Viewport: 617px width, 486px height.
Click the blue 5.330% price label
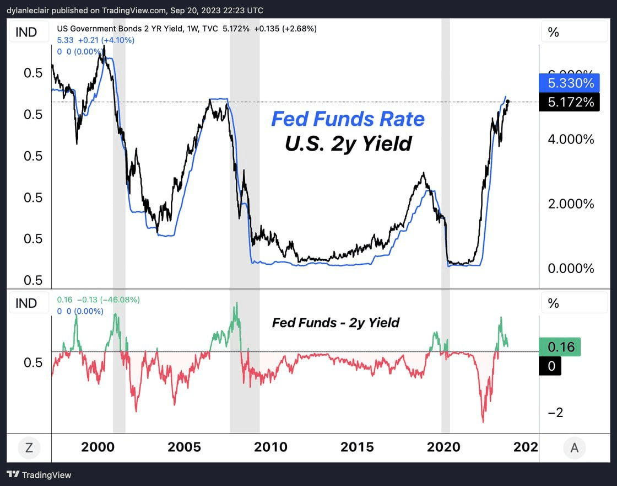pos(571,83)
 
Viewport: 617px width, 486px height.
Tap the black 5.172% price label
pos(571,102)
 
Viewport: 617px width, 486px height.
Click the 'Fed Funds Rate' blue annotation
pos(348,119)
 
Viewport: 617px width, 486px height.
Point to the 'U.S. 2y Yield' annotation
pos(348,143)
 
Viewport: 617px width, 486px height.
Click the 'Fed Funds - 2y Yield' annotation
pos(335,323)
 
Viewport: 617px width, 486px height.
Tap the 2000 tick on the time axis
pos(98,447)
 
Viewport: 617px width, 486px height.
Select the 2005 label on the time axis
pos(184,447)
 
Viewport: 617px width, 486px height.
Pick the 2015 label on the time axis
pos(357,447)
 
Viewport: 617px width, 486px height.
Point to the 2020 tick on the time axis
pos(443,447)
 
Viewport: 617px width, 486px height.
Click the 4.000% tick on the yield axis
pos(571,139)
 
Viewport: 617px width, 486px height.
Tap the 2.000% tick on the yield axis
pos(571,204)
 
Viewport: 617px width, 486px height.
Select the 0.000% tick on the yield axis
pos(571,269)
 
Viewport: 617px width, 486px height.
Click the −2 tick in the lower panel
pos(555,413)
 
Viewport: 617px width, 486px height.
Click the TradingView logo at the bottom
pos(39,474)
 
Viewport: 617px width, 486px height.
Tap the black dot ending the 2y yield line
pos(508,102)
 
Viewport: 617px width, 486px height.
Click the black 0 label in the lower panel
pos(550,366)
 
